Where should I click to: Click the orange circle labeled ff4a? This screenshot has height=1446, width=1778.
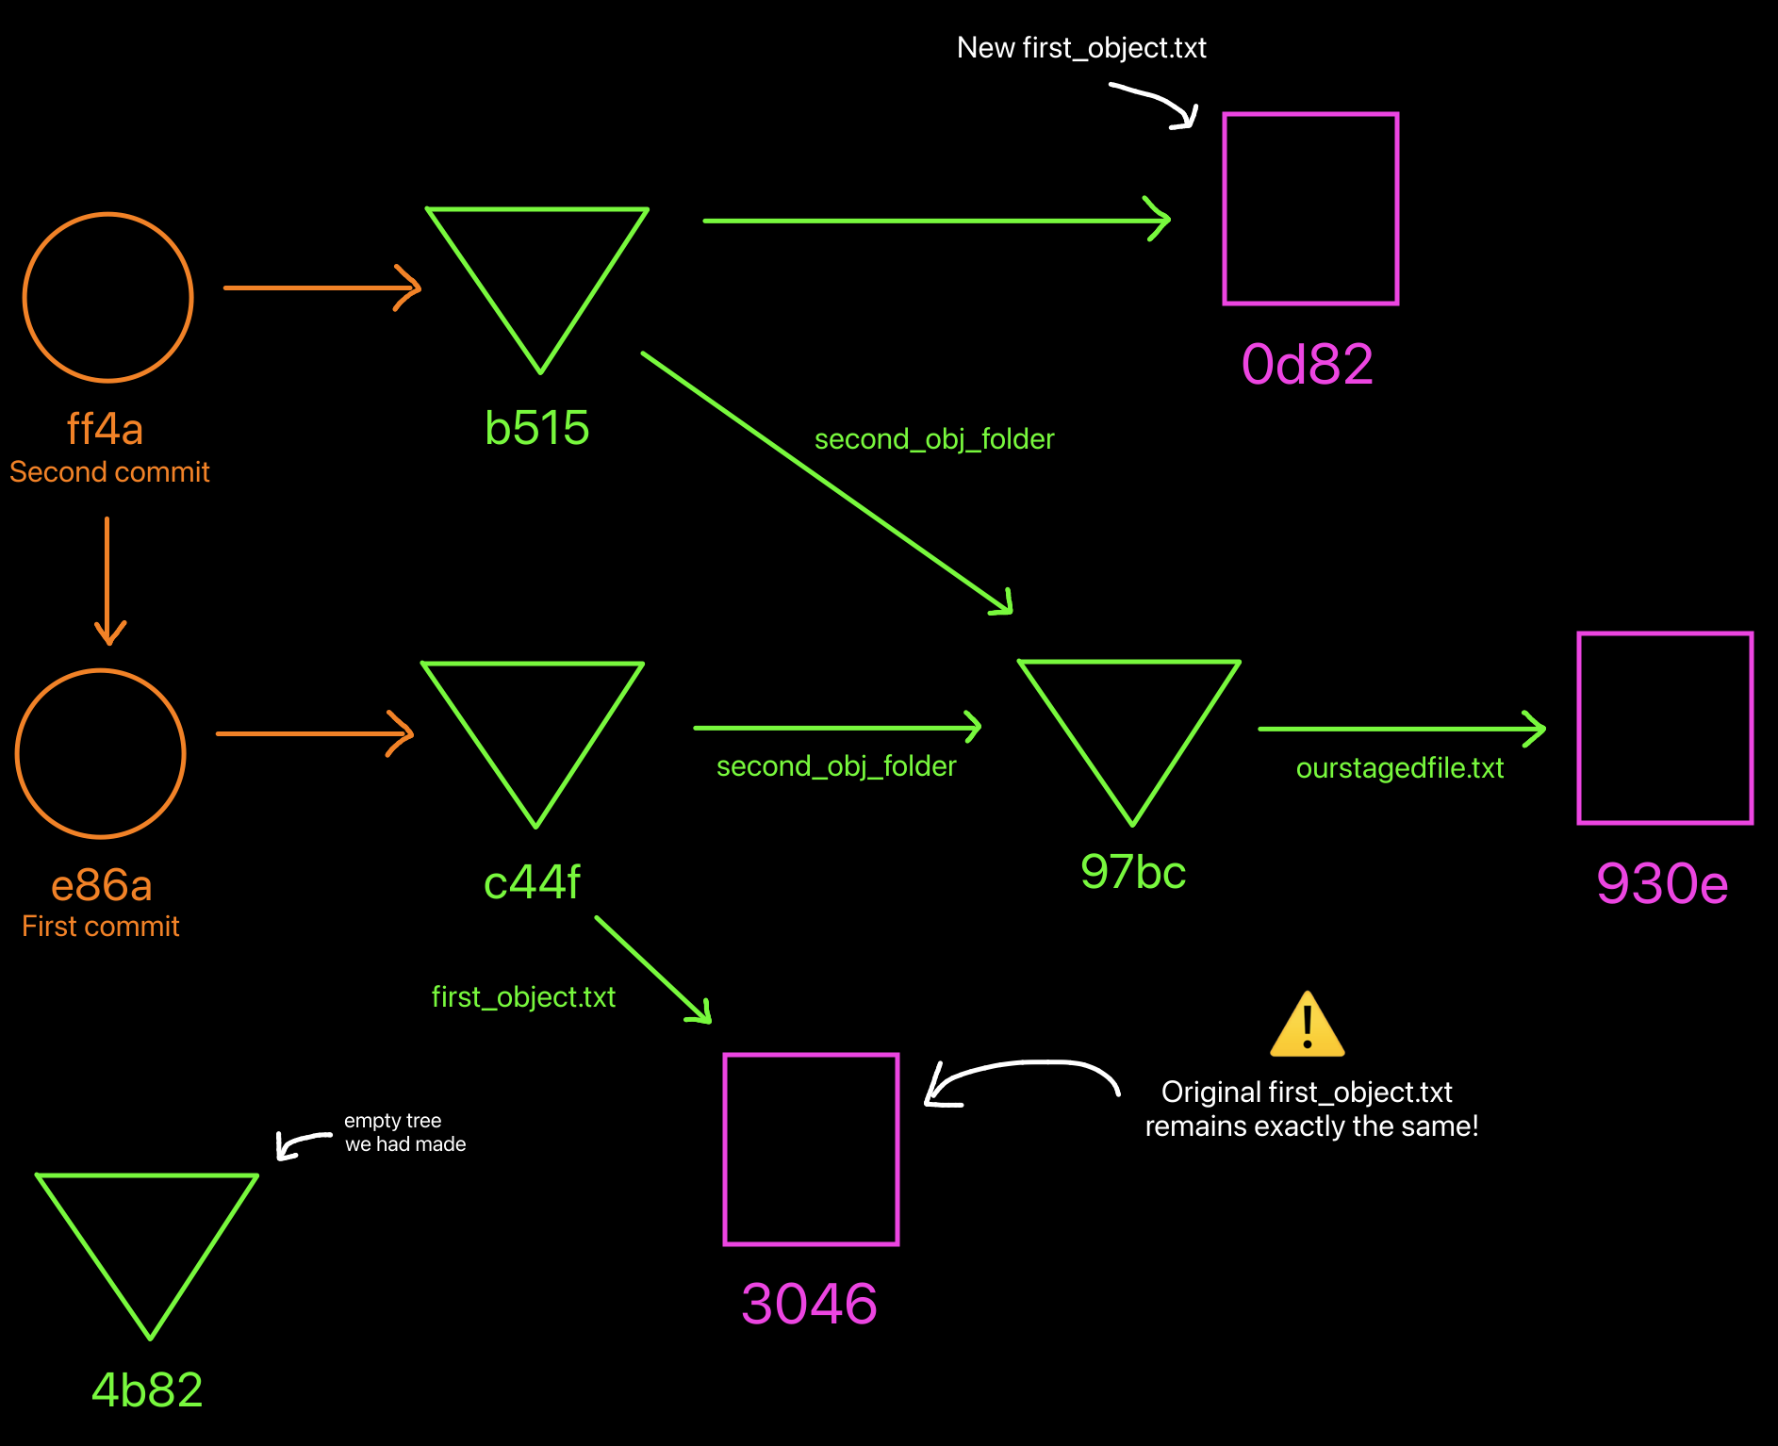pos(108,298)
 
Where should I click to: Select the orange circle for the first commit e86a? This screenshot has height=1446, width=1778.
pos(101,753)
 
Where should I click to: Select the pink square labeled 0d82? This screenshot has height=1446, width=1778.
pos(1310,209)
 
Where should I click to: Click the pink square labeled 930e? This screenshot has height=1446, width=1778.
pos(1665,729)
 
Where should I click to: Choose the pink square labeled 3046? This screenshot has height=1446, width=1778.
pos(811,1150)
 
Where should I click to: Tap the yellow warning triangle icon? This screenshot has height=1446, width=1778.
pos(1307,1026)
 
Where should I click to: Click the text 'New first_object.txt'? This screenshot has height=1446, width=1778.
pos(1081,48)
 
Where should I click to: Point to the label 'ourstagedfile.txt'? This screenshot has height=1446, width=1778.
pos(1399,768)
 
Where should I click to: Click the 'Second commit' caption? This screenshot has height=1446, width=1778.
pos(109,472)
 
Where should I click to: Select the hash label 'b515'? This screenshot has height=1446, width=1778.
pos(536,428)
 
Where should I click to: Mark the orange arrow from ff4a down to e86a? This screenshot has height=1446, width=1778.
pos(108,580)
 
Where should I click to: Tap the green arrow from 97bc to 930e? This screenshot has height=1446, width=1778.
pos(1401,729)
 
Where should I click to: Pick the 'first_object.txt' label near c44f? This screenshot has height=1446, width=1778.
pos(523,997)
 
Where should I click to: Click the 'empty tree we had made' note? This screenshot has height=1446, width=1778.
pos(404,1132)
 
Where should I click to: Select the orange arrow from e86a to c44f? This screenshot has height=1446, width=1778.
pos(314,733)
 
